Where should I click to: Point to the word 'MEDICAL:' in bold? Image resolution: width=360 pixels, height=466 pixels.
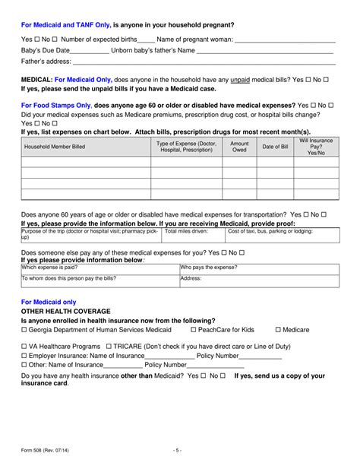point(36,79)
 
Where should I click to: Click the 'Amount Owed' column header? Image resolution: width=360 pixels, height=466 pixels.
point(239,147)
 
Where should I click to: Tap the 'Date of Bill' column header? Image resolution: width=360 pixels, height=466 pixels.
point(275,147)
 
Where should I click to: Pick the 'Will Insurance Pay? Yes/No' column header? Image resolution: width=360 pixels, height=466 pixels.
point(316,147)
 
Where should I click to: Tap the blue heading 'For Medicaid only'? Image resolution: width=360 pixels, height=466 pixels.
point(49,302)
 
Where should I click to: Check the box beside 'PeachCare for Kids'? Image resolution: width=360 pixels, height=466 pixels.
point(194,330)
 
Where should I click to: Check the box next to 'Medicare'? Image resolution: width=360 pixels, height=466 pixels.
point(278,330)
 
